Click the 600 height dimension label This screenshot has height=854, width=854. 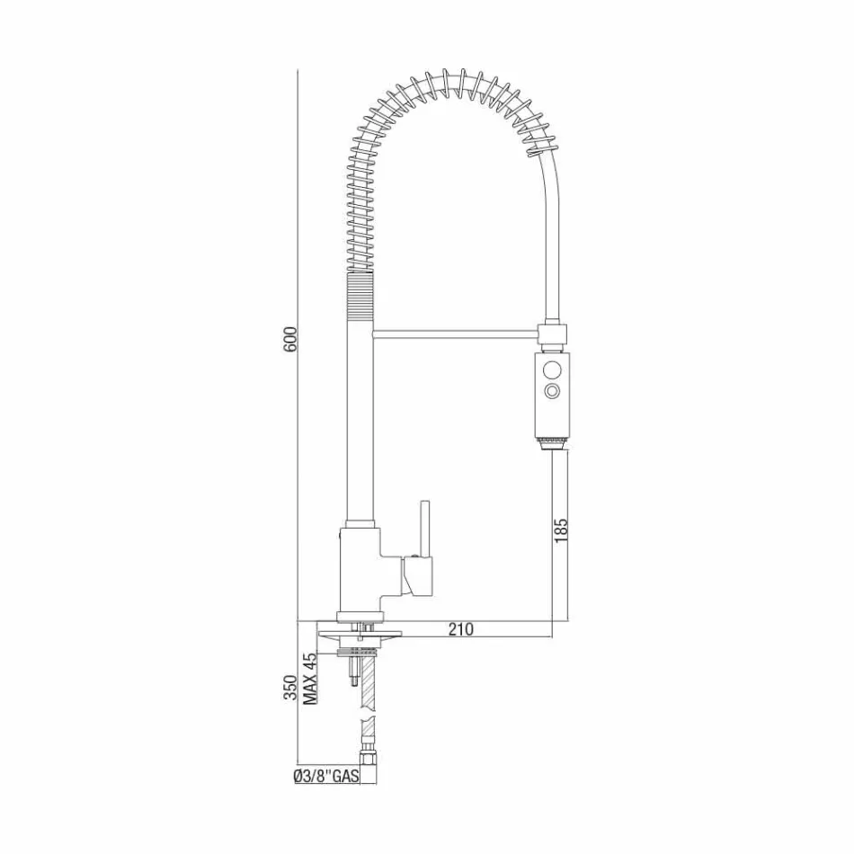(x=289, y=339)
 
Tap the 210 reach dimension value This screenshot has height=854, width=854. (x=460, y=629)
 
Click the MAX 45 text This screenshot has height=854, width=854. (x=309, y=679)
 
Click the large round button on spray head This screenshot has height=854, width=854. (x=552, y=368)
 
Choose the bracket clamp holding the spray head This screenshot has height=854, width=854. (x=553, y=334)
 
